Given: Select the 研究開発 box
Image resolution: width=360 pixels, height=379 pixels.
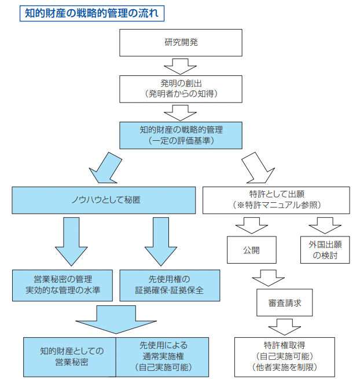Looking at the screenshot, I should point(181,42).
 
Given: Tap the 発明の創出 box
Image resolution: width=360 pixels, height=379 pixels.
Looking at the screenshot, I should point(181,88).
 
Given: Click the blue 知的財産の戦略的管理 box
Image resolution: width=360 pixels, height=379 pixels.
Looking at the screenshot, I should point(181,134).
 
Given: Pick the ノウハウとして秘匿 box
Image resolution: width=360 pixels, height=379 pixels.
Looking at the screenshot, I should point(105,200).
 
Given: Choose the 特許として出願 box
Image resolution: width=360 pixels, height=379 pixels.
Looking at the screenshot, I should point(275,200).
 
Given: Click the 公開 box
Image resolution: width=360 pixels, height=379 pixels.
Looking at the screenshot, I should point(251,250).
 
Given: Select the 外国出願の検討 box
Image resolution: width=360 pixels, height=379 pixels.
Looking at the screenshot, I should point(325,250).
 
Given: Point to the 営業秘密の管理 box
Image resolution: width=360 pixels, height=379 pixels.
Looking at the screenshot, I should point(63,285).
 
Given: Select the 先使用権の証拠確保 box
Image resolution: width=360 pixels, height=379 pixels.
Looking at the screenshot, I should point(170,285).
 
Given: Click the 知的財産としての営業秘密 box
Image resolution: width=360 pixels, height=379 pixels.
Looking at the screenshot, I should point(70,355).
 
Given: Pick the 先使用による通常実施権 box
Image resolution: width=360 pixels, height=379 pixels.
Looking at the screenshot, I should point(162,355).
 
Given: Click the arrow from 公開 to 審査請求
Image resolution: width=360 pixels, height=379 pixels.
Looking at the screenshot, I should point(269,277).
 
